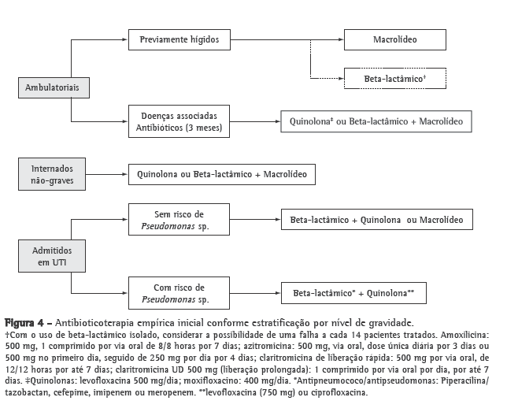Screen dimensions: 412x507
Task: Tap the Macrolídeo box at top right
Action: tap(395, 38)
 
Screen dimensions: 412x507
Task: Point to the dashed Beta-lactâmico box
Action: tap(395, 78)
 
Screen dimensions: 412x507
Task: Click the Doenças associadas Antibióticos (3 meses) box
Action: tap(179, 121)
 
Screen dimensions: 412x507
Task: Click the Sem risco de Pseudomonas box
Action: tap(179, 220)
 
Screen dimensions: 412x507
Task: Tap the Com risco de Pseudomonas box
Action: tap(179, 292)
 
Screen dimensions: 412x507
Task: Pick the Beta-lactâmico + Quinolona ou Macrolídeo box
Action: tap(377, 220)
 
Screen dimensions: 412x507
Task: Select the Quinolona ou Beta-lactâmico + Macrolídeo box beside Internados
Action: tap(222, 173)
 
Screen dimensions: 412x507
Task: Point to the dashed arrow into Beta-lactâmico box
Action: tap(328, 78)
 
